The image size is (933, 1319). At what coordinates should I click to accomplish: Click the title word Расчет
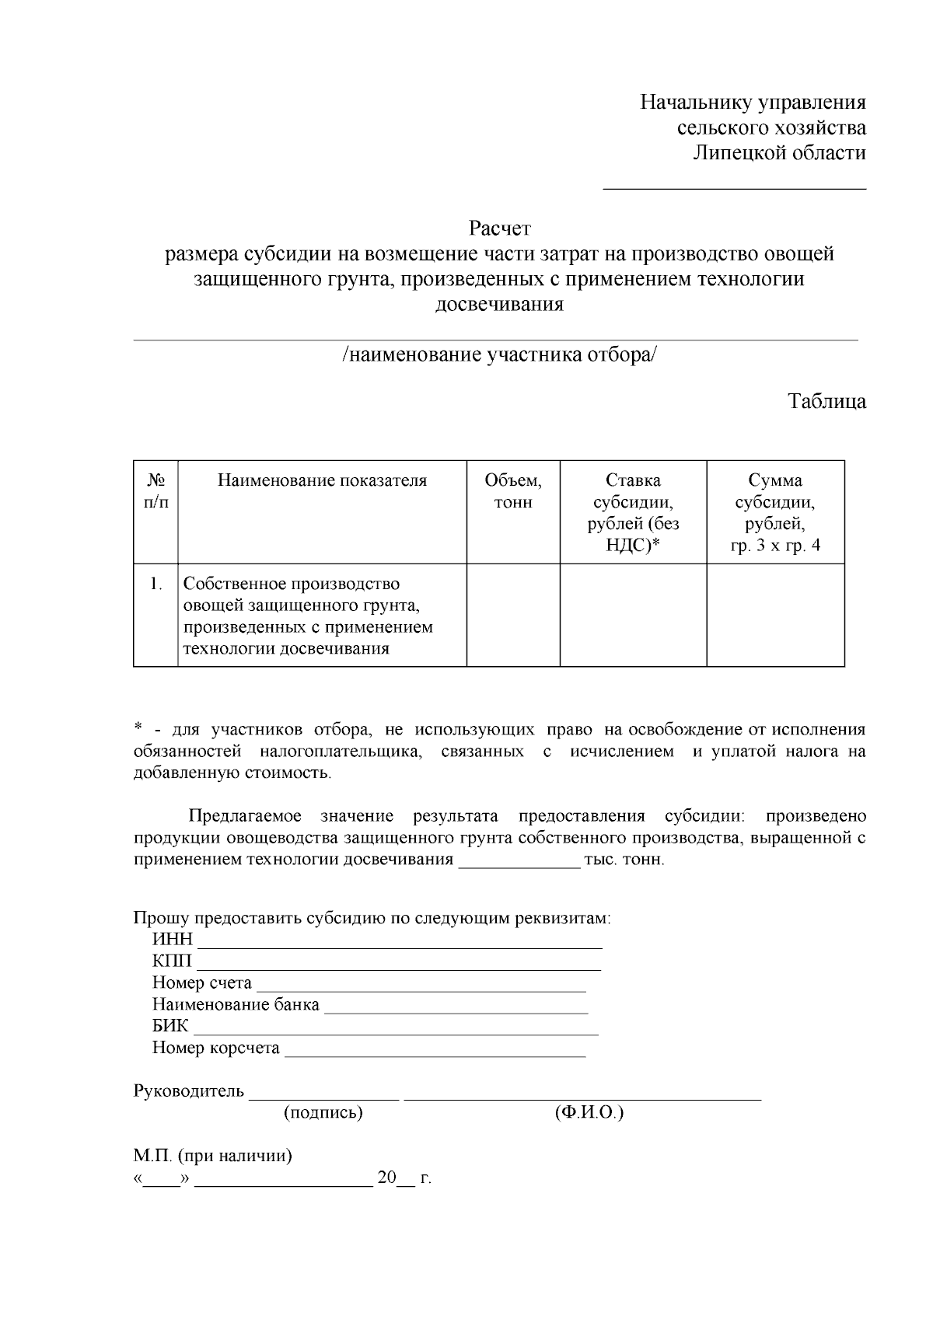point(499,229)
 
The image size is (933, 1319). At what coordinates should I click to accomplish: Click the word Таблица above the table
point(826,402)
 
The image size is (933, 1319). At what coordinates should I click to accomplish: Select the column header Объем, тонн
point(513,491)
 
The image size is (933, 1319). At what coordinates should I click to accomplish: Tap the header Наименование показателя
point(322,480)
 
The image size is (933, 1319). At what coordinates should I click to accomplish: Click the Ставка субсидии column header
point(633,512)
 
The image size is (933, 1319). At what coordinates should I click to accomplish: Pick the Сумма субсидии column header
point(775,512)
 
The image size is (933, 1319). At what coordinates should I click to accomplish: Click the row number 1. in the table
point(156,584)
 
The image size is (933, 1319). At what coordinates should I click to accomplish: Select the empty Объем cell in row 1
point(513,615)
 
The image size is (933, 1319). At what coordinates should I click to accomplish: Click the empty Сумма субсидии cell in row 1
point(775,615)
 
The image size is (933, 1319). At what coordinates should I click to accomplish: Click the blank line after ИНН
point(400,943)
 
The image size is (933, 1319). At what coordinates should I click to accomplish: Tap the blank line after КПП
point(398,965)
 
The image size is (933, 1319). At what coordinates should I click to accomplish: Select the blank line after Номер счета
point(421,986)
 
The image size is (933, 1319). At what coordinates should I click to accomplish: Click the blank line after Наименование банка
point(456,1008)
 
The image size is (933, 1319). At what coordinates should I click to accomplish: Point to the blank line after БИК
point(396,1030)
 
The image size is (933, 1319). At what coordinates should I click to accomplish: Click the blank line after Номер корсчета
point(435,1052)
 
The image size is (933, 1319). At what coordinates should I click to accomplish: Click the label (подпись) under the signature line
point(323,1113)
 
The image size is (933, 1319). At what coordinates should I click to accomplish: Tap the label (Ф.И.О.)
point(589,1113)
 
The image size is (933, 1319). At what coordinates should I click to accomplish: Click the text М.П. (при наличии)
point(213,1156)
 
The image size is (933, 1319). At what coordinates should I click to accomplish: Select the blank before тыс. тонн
point(519,862)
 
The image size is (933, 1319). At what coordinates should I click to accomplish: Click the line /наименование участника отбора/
point(499,355)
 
